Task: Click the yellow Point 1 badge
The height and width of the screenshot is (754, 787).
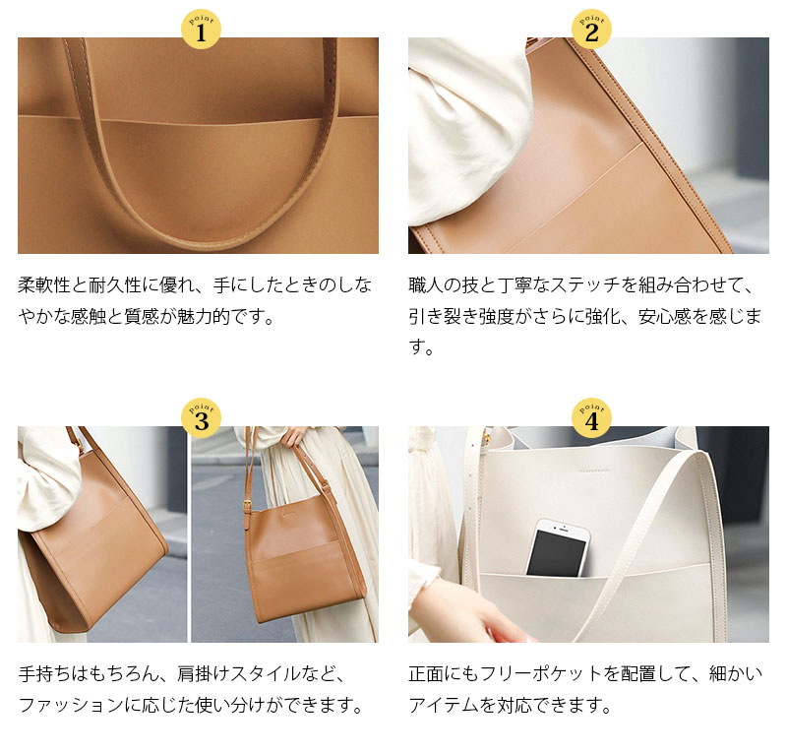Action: (x=201, y=31)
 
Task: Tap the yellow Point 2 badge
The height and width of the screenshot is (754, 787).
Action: (x=591, y=31)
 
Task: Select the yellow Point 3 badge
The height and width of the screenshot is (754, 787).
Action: (x=201, y=419)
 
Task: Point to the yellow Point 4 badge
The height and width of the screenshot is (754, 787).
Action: (x=591, y=419)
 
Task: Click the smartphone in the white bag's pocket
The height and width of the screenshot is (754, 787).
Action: (x=557, y=547)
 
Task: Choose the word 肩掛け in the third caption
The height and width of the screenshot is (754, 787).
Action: (x=208, y=674)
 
